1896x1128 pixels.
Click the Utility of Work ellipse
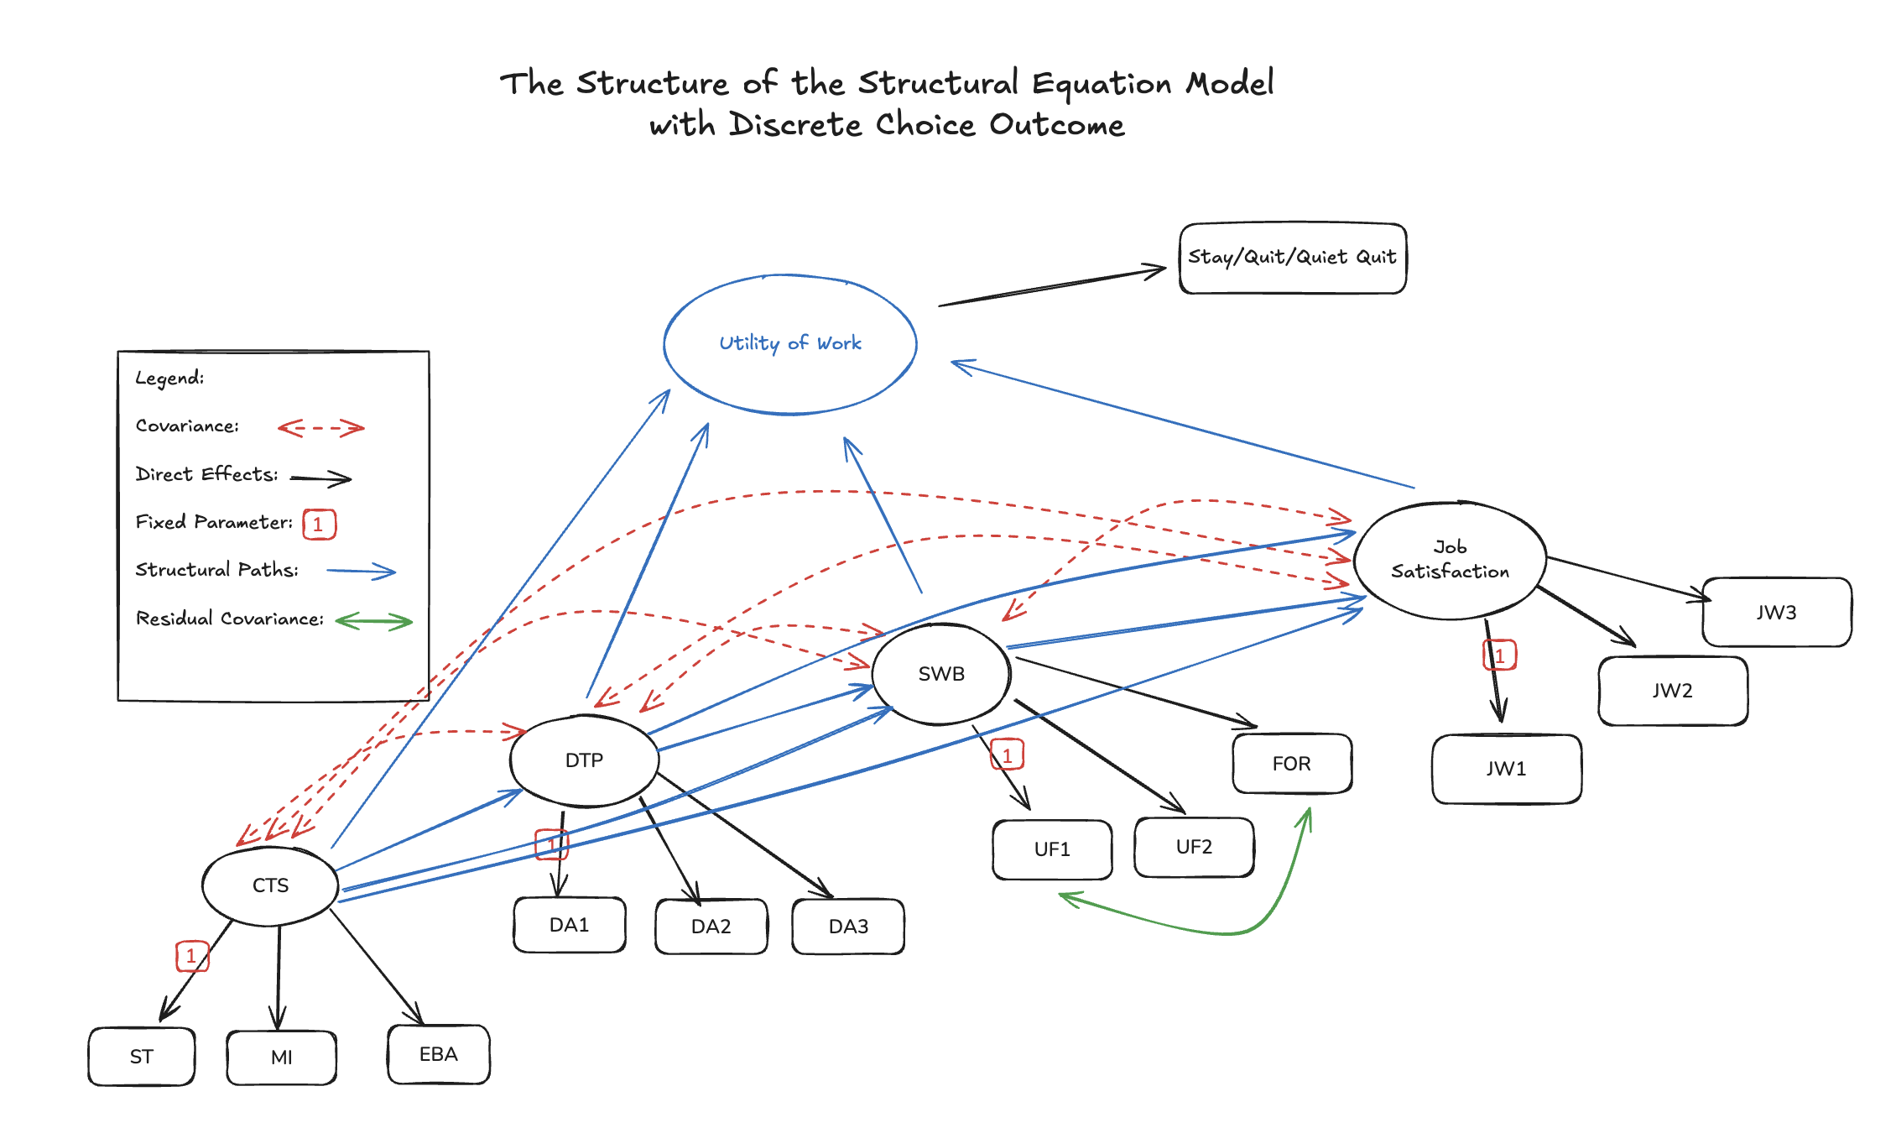tap(789, 344)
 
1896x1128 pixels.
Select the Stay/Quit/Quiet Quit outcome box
tap(1292, 258)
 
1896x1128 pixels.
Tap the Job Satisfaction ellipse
tap(1450, 560)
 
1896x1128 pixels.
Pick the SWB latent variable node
tap(940, 674)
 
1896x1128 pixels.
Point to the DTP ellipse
tap(584, 760)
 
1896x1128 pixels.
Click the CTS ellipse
tap(270, 885)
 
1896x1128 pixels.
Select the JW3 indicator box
tap(1776, 613)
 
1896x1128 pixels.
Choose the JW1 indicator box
tap(1506, 769)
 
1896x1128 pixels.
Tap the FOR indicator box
tap(1291, 764)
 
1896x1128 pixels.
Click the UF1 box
tap(1051, 849)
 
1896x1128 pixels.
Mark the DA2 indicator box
tap(711, 927)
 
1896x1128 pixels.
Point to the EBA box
tap(438, 1054)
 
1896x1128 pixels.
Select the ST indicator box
tap(141, 1057)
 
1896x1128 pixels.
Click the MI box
tap(281, 1057)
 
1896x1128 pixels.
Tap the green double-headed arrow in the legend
tap(374, 622)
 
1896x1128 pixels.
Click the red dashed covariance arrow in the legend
tap(321, 428)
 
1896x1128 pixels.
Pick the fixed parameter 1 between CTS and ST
tap(191, 956)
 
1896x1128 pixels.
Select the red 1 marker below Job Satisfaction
tap(1499, 655)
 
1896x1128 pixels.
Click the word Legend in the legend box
tap(169, 379)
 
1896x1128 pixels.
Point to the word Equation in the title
tap(1102, 84)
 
